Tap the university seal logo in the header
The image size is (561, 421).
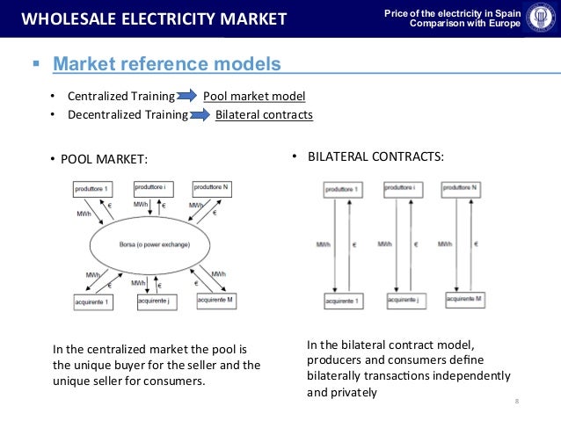point(537,18)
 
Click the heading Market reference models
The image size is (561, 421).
point(167,64)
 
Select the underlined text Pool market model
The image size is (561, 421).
point(254,96)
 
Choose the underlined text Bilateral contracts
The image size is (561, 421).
point(264,114)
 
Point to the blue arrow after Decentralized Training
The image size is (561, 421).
point(200,114)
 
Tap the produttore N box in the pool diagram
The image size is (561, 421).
point(211,187)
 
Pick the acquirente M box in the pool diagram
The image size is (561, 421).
point(216,301)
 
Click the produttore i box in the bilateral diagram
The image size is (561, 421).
point(398,189)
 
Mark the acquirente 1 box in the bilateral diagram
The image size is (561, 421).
point(342,301)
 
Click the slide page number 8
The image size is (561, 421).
point(516,402)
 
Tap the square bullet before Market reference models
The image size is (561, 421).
point(36,64)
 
